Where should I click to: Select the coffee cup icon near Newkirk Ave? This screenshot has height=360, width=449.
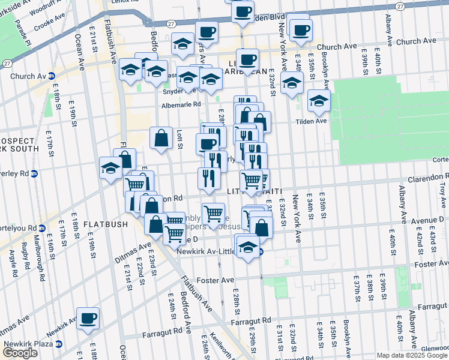point(88,317)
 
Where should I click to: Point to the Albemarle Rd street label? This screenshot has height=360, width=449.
point(181,104)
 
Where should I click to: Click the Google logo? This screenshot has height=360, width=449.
point(20,353)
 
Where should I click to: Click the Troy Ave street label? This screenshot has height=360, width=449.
point(442,187)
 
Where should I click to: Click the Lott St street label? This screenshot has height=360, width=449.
point(179,139)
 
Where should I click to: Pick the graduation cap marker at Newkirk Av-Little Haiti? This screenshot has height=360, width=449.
point(248,247)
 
